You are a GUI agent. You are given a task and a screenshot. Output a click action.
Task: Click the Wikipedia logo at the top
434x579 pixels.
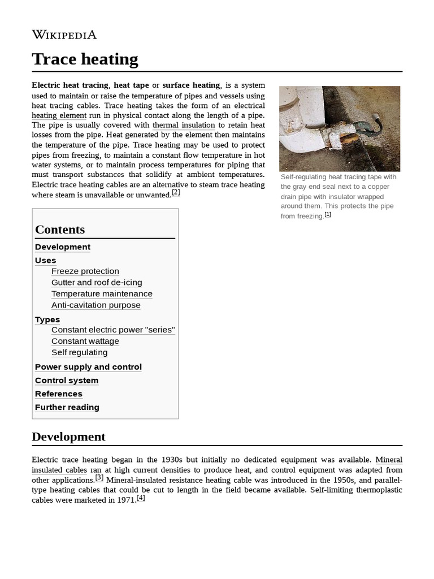pyautogui.click(x=64, y=35)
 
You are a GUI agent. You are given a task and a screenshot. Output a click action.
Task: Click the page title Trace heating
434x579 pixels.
pyautogui.click(x=85, y=59)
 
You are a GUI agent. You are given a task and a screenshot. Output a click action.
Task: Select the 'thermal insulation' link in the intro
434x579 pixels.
pyautogui.click(x=184, y=125)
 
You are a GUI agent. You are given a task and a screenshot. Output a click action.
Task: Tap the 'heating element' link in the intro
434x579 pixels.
pyautogui.click(x=59, y=115)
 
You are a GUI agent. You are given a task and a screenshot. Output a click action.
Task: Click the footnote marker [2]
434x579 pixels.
pyautogui.click(x=176, y=192)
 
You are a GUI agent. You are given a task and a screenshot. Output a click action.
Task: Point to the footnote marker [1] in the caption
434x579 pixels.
pyautogui.click(x=328, y=214)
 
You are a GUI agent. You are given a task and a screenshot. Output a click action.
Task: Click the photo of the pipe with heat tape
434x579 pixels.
pyautogui.click(x=339, y=128)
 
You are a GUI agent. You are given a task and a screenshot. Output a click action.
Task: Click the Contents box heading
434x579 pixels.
pyautogui.click(x=60, y=230)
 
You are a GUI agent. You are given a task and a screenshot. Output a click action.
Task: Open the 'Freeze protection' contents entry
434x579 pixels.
pyautogui.click(x=85, y=271)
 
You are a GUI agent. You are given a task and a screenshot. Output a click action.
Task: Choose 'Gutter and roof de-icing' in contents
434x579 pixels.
pyautogui.click(x=97, y=283)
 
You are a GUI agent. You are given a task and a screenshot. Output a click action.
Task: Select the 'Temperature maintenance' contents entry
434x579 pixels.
pyautogui.click(x=102, y=294)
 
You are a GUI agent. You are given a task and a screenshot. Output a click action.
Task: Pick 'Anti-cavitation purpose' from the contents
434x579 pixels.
pyautogui.click(x=96, y=305)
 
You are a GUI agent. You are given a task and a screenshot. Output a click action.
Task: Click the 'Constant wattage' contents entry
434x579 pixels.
pyautogui.click(x=85, y=342)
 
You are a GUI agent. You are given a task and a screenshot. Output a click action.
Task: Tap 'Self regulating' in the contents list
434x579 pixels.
pyautogui.click(x=79, y=353)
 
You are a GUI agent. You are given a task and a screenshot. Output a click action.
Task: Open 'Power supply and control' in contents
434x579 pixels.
pyautogui.click(x=88, y=367)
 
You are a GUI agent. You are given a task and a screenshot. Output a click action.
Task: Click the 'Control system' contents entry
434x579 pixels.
pyautogui.click(x=67, y=381)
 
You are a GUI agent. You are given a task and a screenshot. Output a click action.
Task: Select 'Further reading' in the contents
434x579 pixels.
pyautogui.click(x=67, y=408)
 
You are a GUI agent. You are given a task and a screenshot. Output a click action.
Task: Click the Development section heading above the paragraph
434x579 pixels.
pyautogui.click(x=68, y=437)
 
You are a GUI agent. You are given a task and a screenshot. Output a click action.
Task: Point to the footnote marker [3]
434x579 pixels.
pyautogui.click(x=99, y=477)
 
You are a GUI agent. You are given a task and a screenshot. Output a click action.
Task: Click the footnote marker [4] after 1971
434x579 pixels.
pyautogui.click(x=141, y=498)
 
